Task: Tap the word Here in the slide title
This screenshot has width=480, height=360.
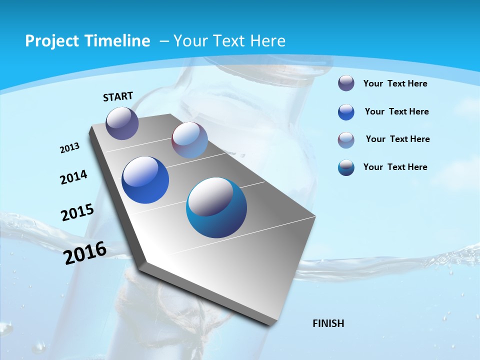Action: pos(267,41)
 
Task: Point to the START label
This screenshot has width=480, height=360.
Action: pos(118,96)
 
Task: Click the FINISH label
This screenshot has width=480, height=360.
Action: pos(328,323)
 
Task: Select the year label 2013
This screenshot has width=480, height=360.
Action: pos(70,148)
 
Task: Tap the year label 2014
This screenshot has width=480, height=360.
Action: pos(74,177)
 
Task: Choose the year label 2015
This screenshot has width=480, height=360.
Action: pos(77,212)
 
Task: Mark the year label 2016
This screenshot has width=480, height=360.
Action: pos(85,252)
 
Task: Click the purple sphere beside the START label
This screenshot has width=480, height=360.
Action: pos(122,123)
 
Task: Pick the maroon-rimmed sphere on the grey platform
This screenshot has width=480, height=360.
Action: pos(189,140)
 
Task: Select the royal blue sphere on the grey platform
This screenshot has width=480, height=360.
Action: pos(145,180)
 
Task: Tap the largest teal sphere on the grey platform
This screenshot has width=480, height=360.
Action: pos(216,207)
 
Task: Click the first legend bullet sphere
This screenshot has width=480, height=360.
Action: pos(346,83)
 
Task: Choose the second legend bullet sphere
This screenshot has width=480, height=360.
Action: pos(346,112)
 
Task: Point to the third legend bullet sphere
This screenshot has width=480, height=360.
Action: pos(346,140)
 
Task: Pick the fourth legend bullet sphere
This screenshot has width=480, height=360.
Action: pos(346,168)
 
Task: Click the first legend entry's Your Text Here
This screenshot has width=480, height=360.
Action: pos(395,83)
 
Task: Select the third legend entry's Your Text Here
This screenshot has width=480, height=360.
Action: pos(397,139)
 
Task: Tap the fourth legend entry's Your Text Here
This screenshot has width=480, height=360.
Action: pos(395,167)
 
